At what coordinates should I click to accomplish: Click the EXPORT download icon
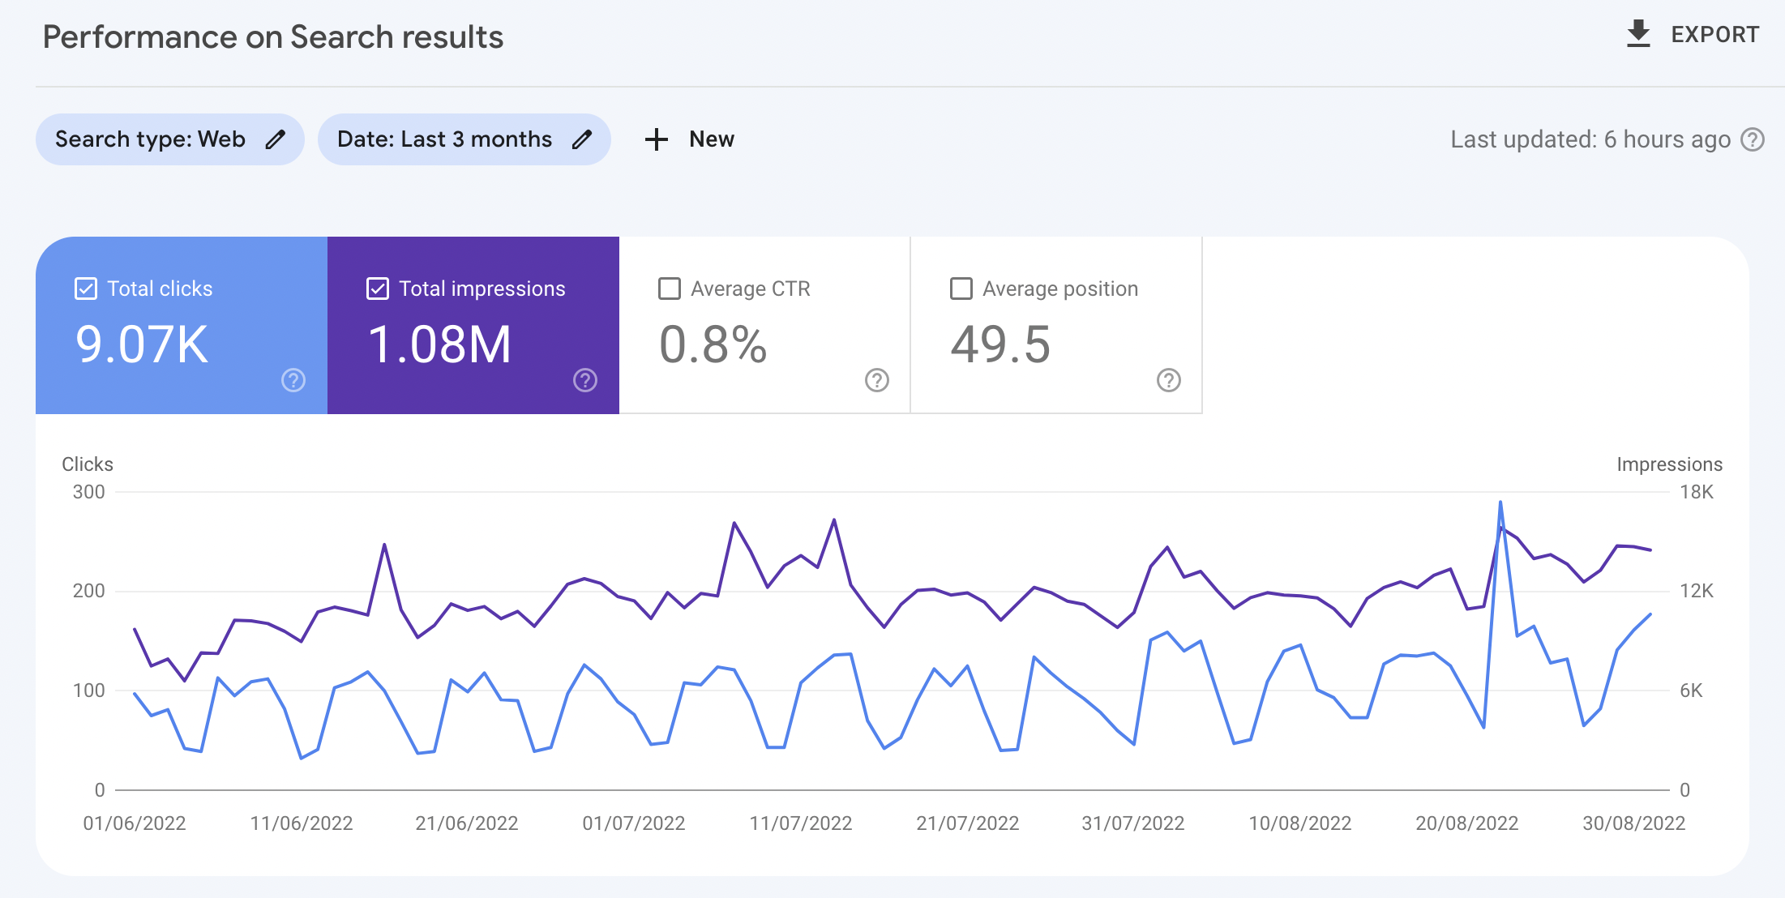point(1638,34)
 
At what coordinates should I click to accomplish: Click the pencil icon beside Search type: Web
point(276,139)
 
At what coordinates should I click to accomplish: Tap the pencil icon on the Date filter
point(582,139)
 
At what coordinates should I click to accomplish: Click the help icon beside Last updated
point(1753,139)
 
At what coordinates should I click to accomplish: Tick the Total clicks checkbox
point(86,289)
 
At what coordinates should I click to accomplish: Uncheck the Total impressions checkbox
point(378,289)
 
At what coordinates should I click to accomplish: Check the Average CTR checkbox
point(670,289)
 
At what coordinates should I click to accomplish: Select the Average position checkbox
point(961,289)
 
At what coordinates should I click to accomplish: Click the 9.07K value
point(142,344)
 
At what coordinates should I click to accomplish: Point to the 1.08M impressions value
point(439,344)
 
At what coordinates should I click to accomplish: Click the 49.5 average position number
point(1000,344)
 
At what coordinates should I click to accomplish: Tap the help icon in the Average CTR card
point(877,380)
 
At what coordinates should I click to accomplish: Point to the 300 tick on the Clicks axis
point(88,492)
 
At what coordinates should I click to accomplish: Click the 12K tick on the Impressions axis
point(1696,591)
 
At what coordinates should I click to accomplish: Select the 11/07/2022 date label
point(800,823)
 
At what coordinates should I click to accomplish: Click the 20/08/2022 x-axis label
point(1466,823)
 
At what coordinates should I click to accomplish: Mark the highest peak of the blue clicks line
point(1500,502)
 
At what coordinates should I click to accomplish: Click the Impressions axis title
point(1669,464)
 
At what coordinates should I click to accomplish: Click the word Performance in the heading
point(139,37)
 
